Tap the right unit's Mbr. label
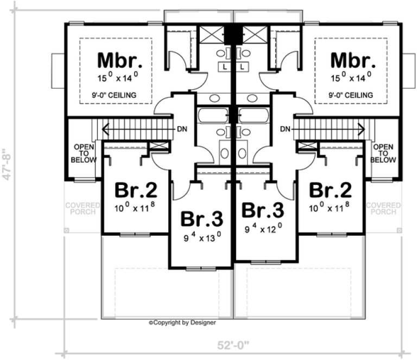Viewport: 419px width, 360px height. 352,59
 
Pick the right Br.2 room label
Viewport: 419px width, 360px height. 330,191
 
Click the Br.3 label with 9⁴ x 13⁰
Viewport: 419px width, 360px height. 201,218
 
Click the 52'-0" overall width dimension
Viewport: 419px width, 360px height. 234,345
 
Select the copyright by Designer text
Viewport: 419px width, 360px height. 182,323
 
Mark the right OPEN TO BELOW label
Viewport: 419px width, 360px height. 383,153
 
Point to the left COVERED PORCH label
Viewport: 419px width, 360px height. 83,209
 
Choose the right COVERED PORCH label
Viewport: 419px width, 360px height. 383,209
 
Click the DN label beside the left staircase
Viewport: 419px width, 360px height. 183,130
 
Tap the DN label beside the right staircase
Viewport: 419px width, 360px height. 284,130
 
